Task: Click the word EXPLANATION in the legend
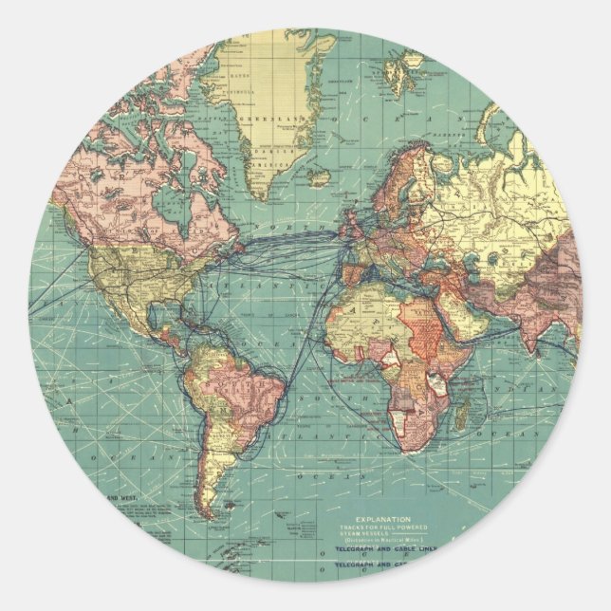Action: point(383,520)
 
